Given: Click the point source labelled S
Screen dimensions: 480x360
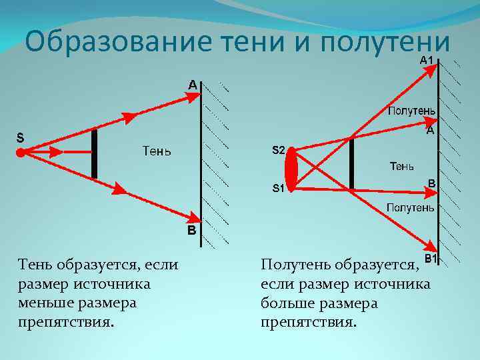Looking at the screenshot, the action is click(x=21, y=152).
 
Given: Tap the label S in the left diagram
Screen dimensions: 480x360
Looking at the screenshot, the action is click(x=20, y=139).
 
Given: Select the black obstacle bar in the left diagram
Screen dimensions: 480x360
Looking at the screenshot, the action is click(x=94, y=153).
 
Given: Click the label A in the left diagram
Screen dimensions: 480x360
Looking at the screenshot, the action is click(x=191, y=85).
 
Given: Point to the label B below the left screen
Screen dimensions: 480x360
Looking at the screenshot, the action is click(x=191, y=231).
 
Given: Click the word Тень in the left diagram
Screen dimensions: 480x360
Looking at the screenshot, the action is click(x=157, y=151).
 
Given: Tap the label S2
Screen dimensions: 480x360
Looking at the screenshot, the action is click(x=279, y=151).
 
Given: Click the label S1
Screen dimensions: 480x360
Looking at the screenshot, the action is click(x=279, y=188).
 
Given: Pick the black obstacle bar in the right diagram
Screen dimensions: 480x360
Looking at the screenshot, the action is click(x=351, y=163).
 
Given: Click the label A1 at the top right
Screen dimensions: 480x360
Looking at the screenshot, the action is click(x=427, y=61).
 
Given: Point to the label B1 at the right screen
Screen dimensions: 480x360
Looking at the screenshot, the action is click(x=431, y=258).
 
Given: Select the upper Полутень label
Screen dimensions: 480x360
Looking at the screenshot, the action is click(x=412, y=111).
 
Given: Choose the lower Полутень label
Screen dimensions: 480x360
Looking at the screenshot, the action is click(x=411, y=208).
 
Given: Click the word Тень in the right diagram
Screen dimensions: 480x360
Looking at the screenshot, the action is click(x=401, y=165).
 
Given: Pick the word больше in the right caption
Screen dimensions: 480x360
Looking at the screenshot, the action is click(x=289, y=303).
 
